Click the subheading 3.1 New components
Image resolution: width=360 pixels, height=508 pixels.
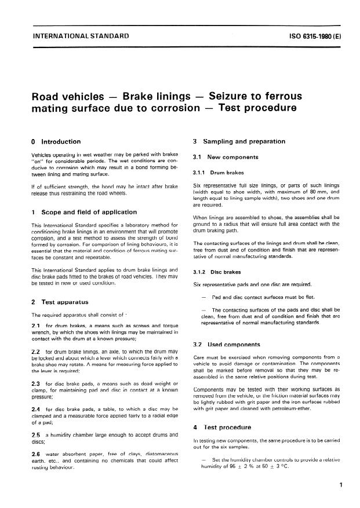pyautogui.click(x=226, y=157)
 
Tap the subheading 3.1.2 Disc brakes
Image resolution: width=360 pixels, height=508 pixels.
pyautogui.click(x=217, y=271)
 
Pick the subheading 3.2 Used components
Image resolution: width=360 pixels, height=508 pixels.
pyautogui.click(x=227, y=345)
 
